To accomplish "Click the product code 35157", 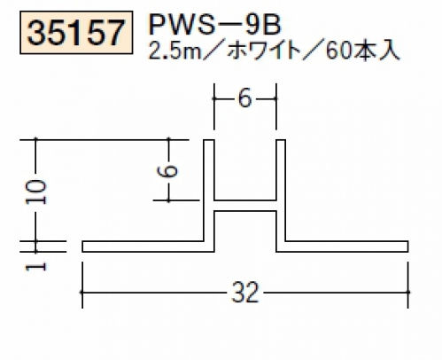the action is (76, 33).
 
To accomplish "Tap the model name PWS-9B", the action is (215, 25).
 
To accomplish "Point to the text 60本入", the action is (362, 51).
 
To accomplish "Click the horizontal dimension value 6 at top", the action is (244, 98).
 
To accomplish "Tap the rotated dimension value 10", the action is (36, 192).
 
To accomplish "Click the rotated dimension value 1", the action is (36, 267).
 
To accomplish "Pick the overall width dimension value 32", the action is (245, 292).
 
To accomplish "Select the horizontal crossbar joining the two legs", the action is (245, 206).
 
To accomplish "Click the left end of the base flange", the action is (82, 247).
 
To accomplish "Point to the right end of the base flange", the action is (408, 247).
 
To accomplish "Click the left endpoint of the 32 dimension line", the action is (82, 293).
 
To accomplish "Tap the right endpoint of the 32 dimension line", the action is (408, 293).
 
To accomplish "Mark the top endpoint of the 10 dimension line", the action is (36, 139).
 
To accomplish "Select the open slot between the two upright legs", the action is (245, 170).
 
